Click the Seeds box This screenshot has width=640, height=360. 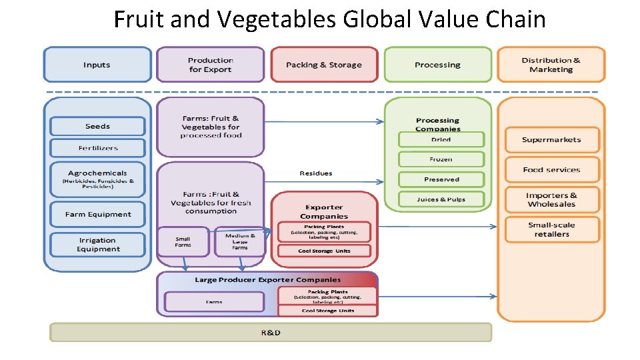pyautogui.click(x=97, y=126)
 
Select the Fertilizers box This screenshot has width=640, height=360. pyautogui.click(x=97, y=147)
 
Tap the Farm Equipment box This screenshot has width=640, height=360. pyautogui.click(x=97, y=214)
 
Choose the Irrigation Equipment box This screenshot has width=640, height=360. pyautogui.click(x=97, y=245)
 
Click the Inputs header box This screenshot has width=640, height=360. pyautogui.click(x=97, y=65)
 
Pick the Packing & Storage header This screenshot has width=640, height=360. pyautogui.click(x=323, y=65)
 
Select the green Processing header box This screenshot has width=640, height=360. pyautogui.click(x=437, y=65)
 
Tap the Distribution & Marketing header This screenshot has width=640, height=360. pyautogui.click(x=551, y=65)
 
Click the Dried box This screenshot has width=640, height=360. pyautogui.click(x=441, y=139)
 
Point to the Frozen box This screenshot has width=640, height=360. pyautogui.click(x=441, y=159)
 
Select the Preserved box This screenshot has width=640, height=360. pyautogui.click(x=441, y=179)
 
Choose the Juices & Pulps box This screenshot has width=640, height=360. pyautogui.click(x=441, y=199)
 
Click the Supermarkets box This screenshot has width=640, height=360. pyautogui.click(x=551, y=140)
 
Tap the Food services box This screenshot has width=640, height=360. pyautogui.click(x=551, y=169)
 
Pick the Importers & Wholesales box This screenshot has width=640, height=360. pyautogui.click(x=551, y=200)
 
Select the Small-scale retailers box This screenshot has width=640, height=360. pyautogui.click(x=551, y=229)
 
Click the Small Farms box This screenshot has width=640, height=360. pyautogui.click(x=183, y=241)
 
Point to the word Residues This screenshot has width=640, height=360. pyautogui.click(x=315, y=173)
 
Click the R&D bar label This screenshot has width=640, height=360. pyautogui.click(x=270, y=332)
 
